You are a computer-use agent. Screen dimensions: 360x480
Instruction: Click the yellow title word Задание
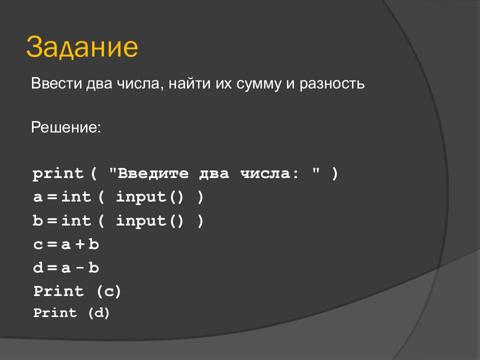click(82, 47)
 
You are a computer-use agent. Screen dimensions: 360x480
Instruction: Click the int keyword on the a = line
click(76, 197)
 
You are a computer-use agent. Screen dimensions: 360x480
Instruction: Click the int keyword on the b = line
click(76, 221)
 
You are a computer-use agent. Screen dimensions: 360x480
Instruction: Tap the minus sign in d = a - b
click(79, 268)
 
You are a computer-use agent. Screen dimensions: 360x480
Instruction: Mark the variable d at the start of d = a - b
click(38, 268)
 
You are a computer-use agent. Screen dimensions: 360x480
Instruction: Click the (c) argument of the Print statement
click(108, 291)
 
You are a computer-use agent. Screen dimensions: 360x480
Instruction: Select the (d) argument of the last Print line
click(98, 313)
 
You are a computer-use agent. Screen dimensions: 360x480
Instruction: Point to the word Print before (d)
click(55, 313)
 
